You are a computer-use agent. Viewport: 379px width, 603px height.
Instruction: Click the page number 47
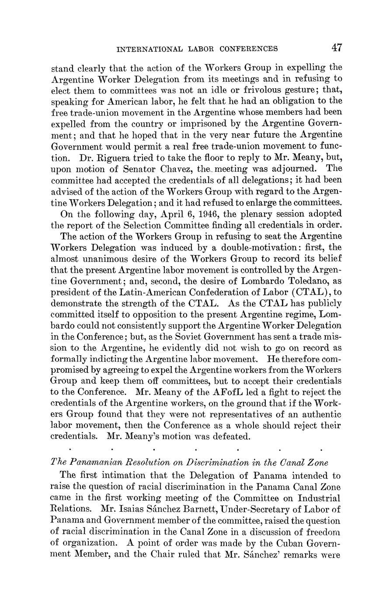pyautogui.click(x=336, y=48)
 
